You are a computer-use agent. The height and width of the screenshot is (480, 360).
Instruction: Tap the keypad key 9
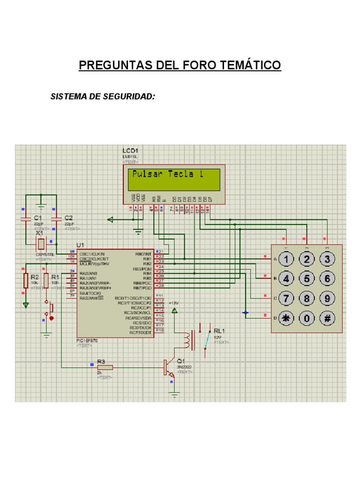[327, 298]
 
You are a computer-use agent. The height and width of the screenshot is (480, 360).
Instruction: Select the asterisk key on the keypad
[286, 318]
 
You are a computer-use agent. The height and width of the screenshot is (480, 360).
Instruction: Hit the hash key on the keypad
[327, 318]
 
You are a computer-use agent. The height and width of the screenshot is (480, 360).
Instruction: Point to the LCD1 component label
[130, 150]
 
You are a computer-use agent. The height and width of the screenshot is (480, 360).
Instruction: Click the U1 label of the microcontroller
[80, 245]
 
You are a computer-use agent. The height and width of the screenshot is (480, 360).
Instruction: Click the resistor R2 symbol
[26, 280]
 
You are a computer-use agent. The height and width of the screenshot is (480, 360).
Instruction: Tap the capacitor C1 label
[38, 218]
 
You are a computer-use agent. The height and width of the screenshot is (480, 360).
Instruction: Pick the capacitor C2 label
[68, 218]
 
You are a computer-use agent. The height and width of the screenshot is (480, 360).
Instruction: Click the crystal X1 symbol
[41, 244]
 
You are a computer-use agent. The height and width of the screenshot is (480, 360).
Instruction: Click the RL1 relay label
[219, 330]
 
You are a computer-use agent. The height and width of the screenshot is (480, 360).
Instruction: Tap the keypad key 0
[307, 318]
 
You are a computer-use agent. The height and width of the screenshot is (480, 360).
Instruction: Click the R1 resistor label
[55, 277]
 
